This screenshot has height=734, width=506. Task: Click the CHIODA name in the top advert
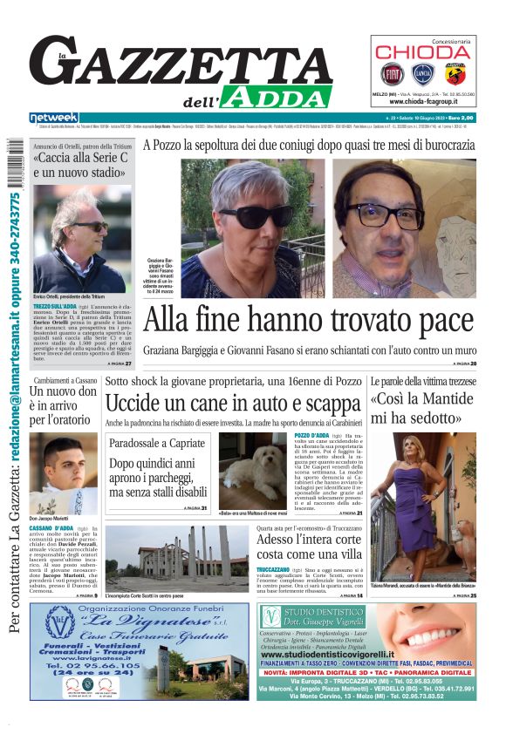pos(423,51)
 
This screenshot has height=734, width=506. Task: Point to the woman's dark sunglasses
pos(256,214)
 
